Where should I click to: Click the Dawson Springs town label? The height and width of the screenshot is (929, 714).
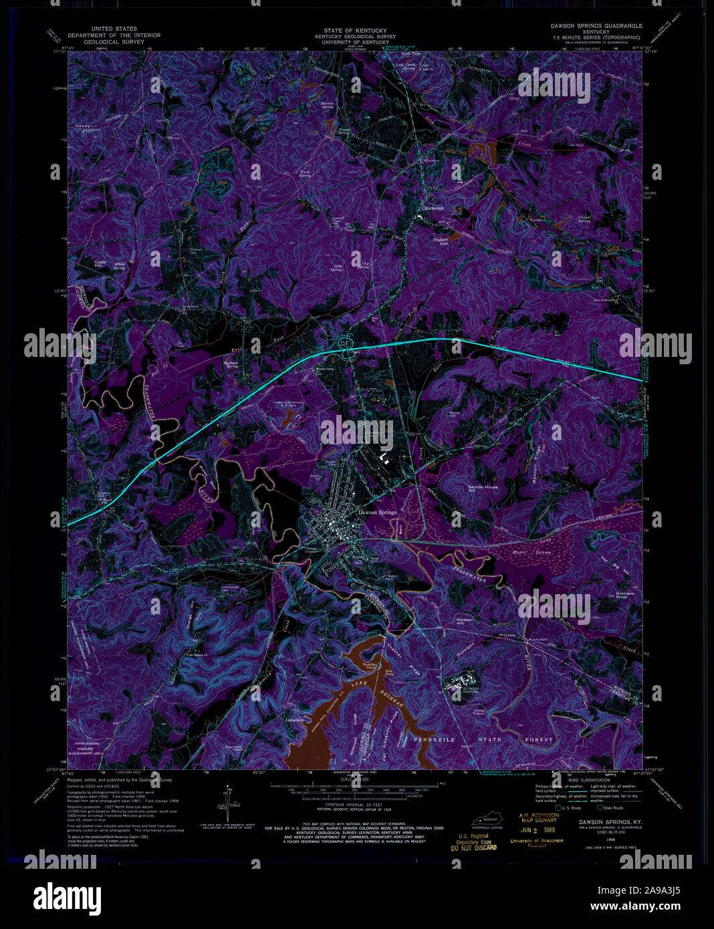[377, 513]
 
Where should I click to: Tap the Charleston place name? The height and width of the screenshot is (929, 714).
[433, 209]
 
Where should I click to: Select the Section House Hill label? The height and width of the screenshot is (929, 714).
[483, 489]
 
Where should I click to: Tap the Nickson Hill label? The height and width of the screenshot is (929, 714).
[464, 621]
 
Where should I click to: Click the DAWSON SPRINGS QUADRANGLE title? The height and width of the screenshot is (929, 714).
[596, 25]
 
